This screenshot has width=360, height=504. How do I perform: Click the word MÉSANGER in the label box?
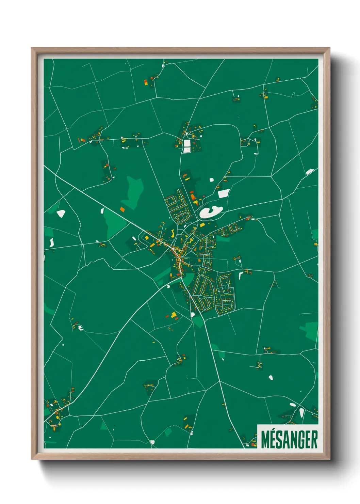pyautogui.click(x=289, y=440)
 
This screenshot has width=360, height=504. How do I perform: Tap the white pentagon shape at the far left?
pyautogui.click(x=61, y=214)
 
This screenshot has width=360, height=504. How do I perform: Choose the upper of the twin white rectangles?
pyautogui.click(x=187, y=143)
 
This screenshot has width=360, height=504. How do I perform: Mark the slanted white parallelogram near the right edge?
pyautogui.click(x=309, y=172)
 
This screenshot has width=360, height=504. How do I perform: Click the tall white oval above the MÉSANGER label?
pyautogui.click(x=301, y=412)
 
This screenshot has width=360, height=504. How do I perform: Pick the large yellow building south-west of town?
pyautogui.click(x=174, y=315)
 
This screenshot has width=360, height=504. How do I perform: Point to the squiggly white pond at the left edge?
pyautogui.click(x=52, y=242)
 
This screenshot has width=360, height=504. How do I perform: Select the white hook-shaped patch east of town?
pyautogui.click(x=241, y=274)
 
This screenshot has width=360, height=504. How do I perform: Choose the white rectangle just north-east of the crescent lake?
pyautogui.click(x=223, y=194)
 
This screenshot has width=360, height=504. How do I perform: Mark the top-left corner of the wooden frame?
pyautogui.click(x=32, y=48)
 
